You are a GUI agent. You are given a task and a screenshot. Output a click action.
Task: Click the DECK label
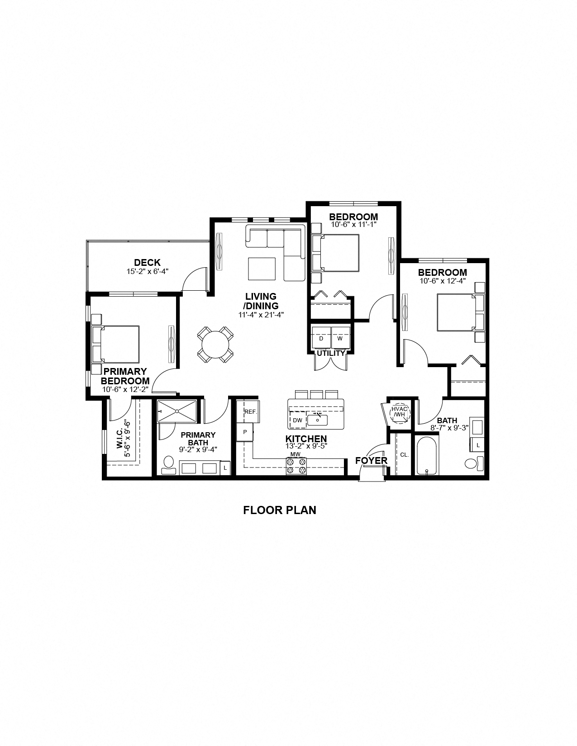(148, 263)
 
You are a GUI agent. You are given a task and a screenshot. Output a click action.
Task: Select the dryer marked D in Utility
(321, 338)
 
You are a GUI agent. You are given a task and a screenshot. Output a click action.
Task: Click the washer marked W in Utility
(340, 338)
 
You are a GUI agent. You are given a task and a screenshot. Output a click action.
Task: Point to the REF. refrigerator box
(250, 411)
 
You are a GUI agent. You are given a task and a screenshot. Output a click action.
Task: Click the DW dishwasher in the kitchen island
(297, 420)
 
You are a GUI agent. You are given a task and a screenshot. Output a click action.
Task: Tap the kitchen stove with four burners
(296, 466)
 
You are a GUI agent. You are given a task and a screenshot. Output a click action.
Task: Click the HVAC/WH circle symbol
(399, 412)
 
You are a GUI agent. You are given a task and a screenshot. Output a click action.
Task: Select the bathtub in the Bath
(426, 455)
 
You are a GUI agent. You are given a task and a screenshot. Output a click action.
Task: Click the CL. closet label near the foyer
(404, 455)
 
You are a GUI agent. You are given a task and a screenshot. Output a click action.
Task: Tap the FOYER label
(371, 461)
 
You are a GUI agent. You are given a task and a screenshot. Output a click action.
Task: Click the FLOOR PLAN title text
(280, 510)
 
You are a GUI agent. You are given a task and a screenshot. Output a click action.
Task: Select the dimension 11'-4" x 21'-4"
(261, 315)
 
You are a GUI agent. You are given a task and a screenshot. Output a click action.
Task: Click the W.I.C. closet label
(120, 439)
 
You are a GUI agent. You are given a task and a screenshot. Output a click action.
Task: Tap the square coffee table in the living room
(262, 269)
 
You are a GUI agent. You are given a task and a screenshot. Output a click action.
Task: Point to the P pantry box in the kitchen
(245, 432)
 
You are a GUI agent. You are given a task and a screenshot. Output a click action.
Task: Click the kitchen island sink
(318, 419)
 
